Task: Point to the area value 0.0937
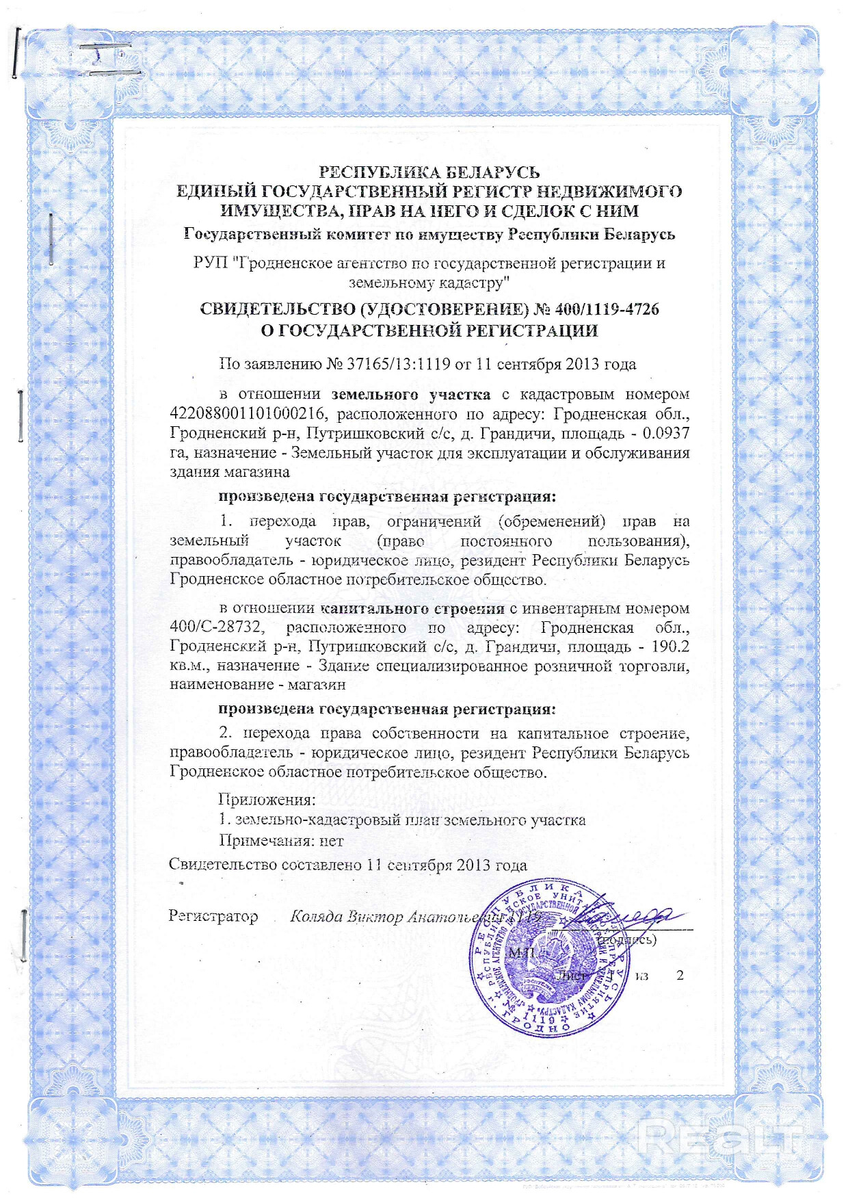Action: [x=666, y=433]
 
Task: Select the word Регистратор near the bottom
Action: [x=213, y=916]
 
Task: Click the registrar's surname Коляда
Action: [x=316, y=917]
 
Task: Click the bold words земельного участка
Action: [x=410, y=394]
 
